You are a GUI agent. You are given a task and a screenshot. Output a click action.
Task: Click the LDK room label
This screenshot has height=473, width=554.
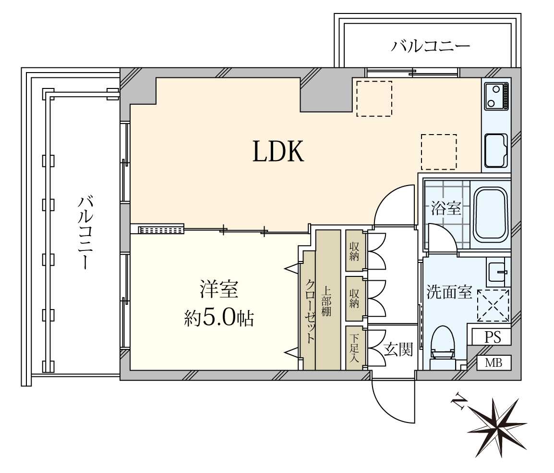click(278, 151)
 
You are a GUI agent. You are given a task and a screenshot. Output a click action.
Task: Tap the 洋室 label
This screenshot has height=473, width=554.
click(219, 289)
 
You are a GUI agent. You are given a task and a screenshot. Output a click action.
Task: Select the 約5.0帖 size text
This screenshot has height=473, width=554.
click(219, 318)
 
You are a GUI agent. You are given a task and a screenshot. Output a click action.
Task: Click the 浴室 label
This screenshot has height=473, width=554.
click(446, 208)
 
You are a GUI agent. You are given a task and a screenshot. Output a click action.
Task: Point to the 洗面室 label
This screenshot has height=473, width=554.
click(449, 292)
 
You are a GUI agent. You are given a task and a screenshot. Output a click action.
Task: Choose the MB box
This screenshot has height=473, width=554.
click(494, 362)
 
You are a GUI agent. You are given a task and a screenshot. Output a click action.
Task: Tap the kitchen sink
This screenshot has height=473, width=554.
click(496, 150)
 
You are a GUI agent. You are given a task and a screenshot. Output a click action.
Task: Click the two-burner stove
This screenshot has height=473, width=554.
click(496, 96)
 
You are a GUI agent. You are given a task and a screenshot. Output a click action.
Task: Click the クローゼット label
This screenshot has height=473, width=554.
click(310, 311)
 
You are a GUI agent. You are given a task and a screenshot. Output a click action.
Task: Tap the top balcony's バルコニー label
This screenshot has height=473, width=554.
click(430, 46)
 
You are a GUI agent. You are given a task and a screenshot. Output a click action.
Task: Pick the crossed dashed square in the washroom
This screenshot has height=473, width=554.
click(493, 305)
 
